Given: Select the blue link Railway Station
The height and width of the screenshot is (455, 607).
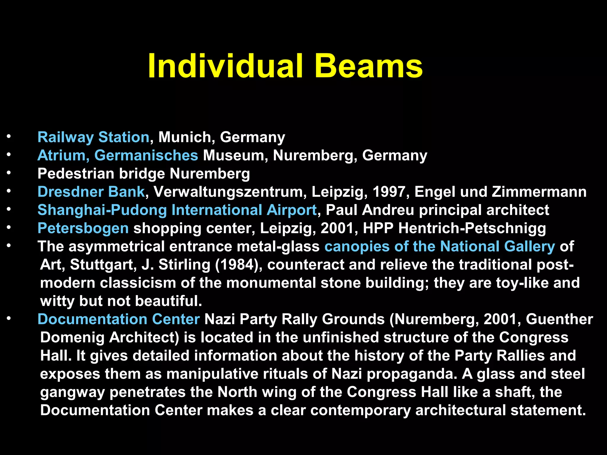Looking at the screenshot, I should [x=93, y=137].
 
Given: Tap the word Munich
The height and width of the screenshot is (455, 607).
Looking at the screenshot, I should [x=184, y=137].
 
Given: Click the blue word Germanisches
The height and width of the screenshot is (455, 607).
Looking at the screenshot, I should [x=146, y=156].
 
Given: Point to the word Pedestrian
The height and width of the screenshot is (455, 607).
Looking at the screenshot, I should [x=76, y=174].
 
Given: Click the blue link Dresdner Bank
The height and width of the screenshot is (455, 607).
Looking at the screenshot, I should [x=91, y=192].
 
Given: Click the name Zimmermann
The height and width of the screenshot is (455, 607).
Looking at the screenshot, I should [x=539, y=192].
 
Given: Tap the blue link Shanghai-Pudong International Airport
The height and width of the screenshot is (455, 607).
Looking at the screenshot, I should [x=177, y=210].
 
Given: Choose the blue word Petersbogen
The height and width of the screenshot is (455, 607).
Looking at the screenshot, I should [x=83, y=228].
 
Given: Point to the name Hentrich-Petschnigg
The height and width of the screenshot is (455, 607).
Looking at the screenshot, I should [x=472, y=228].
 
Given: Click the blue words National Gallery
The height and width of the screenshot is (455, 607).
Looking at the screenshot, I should [x=497, y=246].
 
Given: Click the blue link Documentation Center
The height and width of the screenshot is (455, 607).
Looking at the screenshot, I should [x=119, y=319].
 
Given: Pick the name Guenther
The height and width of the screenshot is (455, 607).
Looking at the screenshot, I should [x=559, y=319].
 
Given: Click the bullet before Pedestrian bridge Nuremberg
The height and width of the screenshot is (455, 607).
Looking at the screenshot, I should [x=9, y=173].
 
